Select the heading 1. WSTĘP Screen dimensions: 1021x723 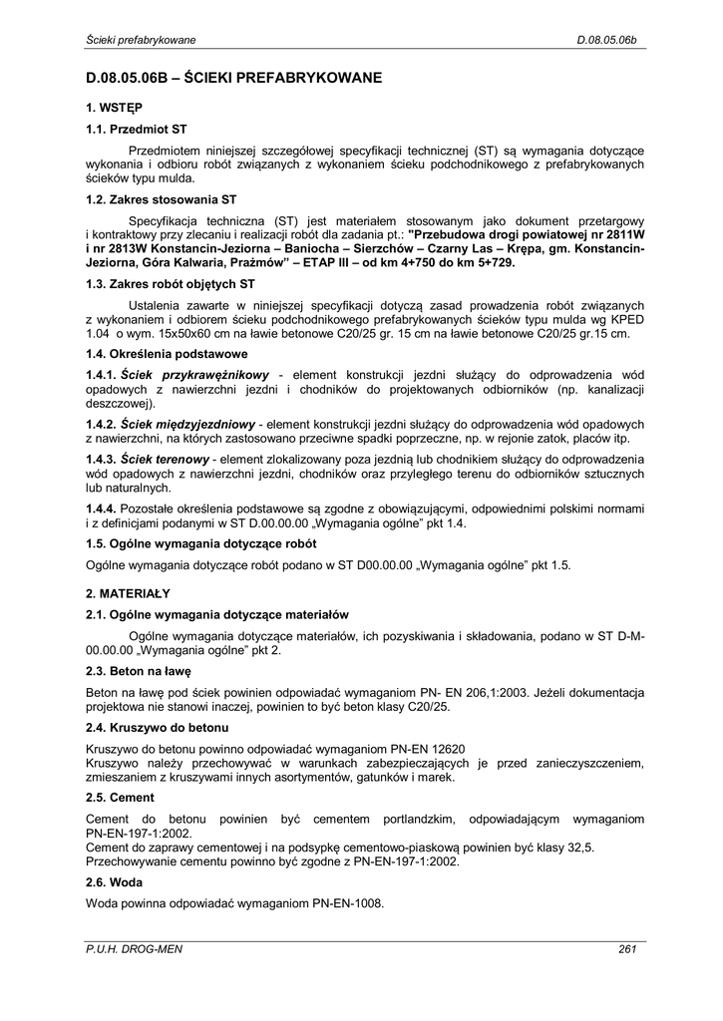114,107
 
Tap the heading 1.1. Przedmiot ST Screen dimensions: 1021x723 137,129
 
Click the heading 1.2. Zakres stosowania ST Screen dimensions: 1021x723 162,199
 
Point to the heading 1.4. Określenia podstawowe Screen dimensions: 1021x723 167,354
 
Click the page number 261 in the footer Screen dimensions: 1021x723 627,949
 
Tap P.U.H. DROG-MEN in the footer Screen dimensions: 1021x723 135,949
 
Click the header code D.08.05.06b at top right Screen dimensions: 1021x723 606,40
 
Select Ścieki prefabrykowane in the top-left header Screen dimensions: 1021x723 141,40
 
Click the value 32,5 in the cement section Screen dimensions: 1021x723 582,847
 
